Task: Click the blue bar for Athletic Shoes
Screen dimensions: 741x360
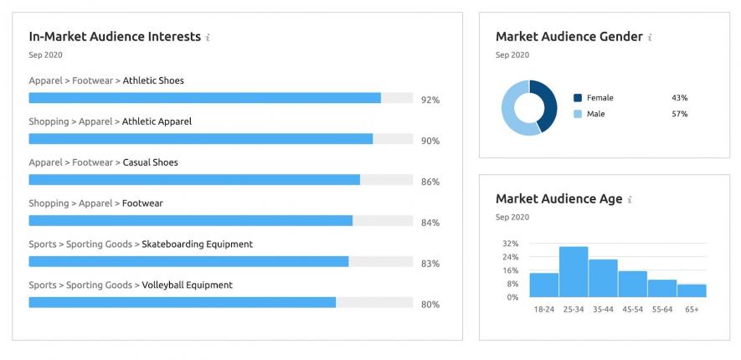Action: [204, 98]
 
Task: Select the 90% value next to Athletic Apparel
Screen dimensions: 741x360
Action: [430, 141]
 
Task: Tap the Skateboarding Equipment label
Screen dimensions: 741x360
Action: [197, 244]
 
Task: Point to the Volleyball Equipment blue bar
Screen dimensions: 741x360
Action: [183, 302]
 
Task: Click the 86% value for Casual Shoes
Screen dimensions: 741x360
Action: [430, 182]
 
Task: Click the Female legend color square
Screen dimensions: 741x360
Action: [578, 98]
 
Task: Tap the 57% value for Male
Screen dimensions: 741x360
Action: [679, 114]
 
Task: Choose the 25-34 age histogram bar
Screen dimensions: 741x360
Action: [574, 271]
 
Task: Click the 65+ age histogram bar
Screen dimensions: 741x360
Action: [692, 291]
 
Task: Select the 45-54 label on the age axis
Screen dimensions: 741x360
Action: [633, 310]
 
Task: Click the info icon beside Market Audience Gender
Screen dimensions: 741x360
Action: [650, 38]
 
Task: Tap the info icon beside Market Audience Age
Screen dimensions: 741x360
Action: [630, 200]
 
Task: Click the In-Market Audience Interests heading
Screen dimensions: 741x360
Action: [115, 37]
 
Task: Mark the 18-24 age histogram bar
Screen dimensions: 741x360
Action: [544, 285]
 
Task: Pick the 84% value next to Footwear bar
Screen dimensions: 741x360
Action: [430, 223]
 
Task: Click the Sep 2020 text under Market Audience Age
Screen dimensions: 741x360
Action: [512, 218]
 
